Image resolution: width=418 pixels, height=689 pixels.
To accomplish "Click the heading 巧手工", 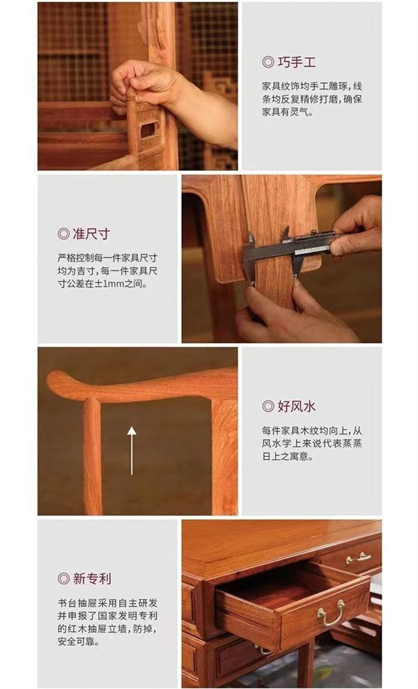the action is (296, 62).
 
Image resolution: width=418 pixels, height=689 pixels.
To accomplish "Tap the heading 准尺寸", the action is (91, 234).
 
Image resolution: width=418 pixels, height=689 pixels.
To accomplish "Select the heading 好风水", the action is (296, 406).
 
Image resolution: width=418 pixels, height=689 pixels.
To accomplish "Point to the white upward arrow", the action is (132, 450).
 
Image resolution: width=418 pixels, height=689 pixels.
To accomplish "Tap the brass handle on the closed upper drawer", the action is (358, 558).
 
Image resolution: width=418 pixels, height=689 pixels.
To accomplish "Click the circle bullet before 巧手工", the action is (268, 62).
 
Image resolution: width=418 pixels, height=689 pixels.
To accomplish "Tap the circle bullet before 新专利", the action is (63, 578).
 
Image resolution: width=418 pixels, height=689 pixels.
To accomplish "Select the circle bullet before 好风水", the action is (268, 406).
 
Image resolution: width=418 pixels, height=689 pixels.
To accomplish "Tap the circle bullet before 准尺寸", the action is (63, 234).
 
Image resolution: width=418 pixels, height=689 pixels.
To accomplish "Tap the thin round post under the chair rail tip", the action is (92, 457).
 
